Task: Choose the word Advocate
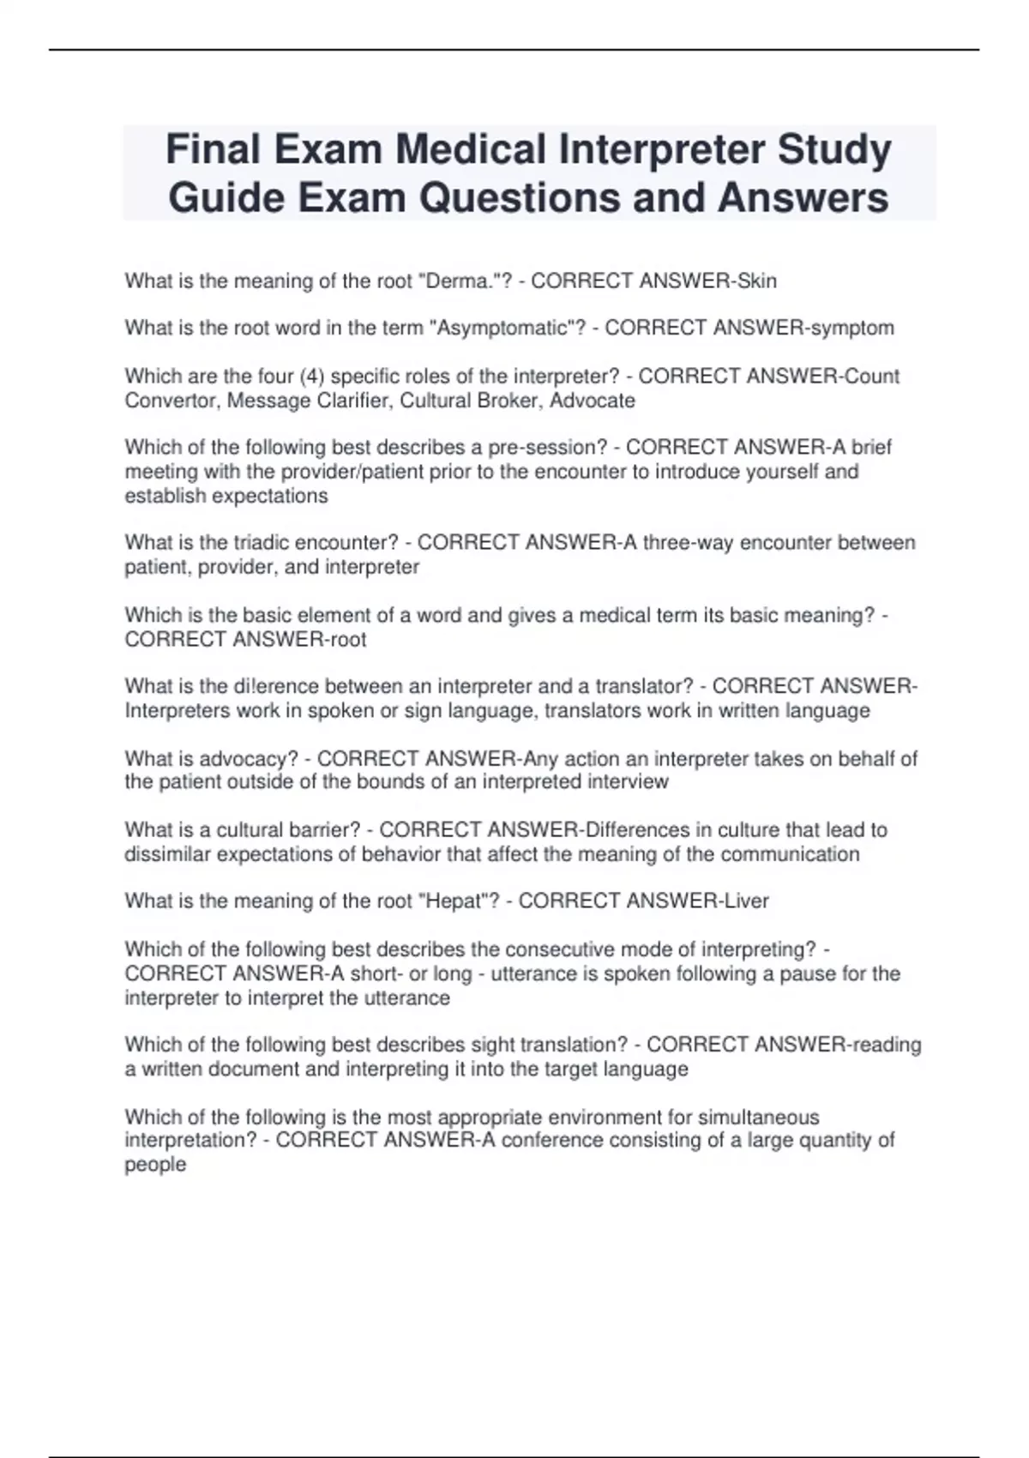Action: [593, 401]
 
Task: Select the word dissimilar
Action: [167, 854]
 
